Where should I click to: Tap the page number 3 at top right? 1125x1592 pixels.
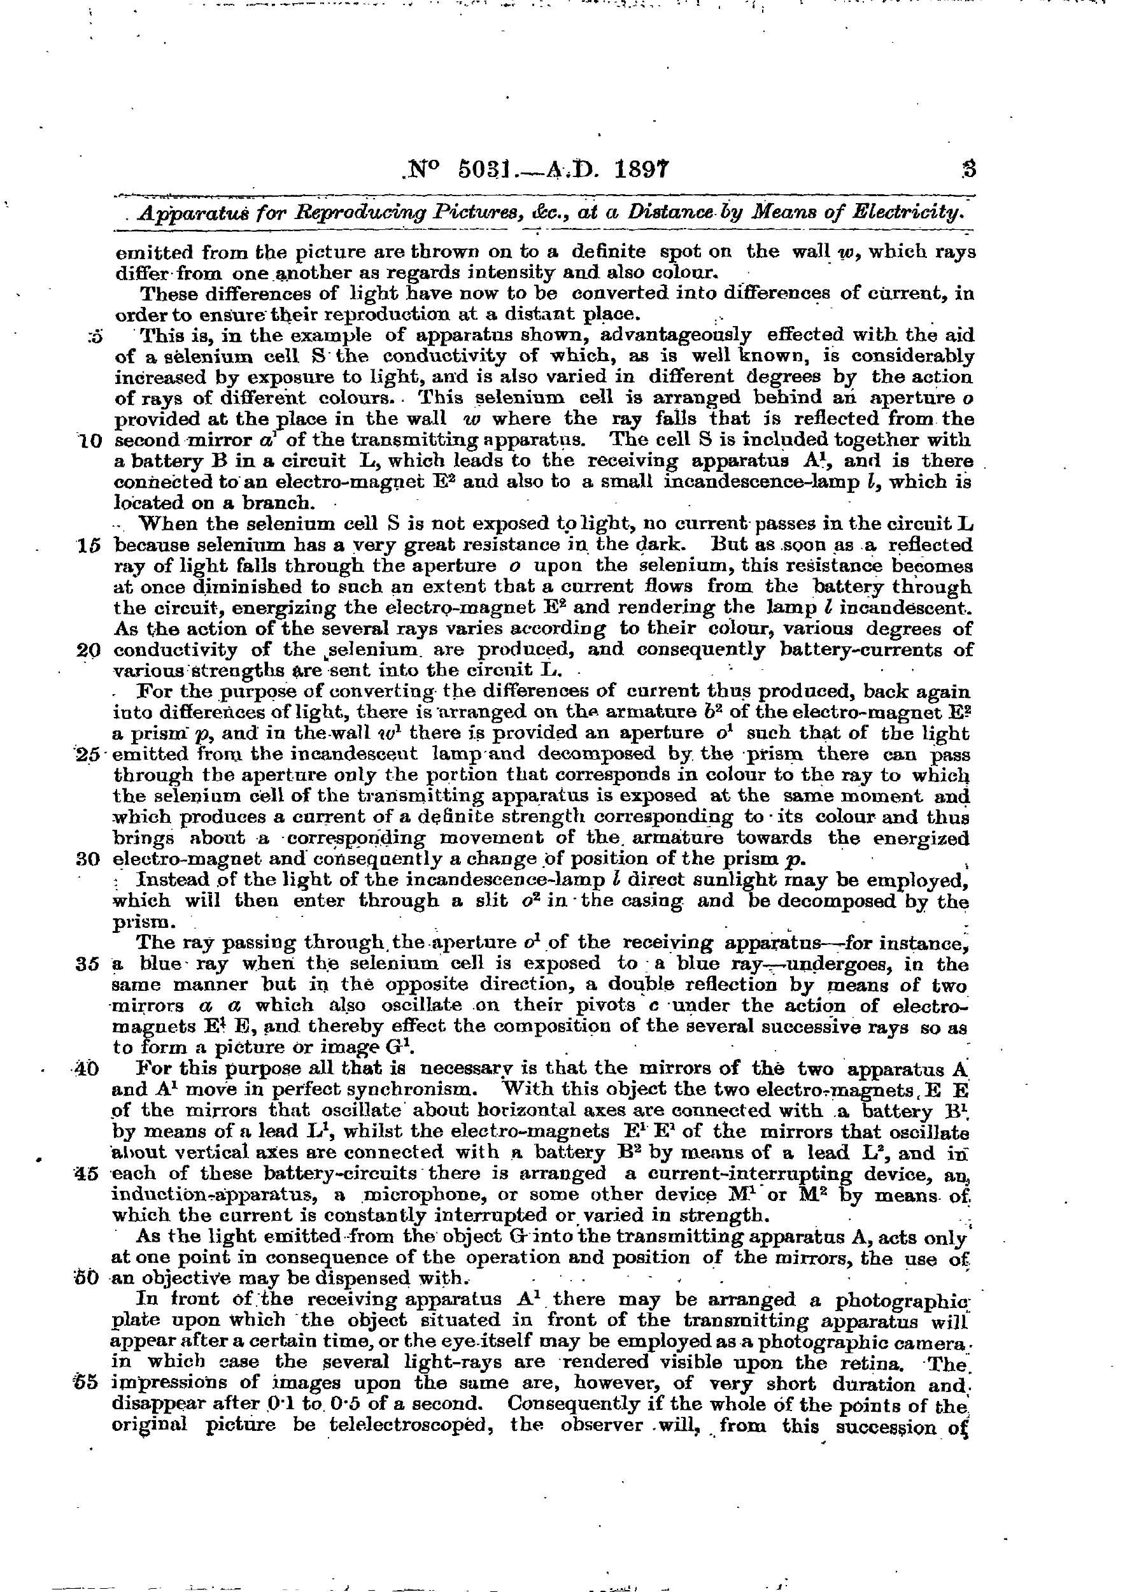click(x=968, y=169)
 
